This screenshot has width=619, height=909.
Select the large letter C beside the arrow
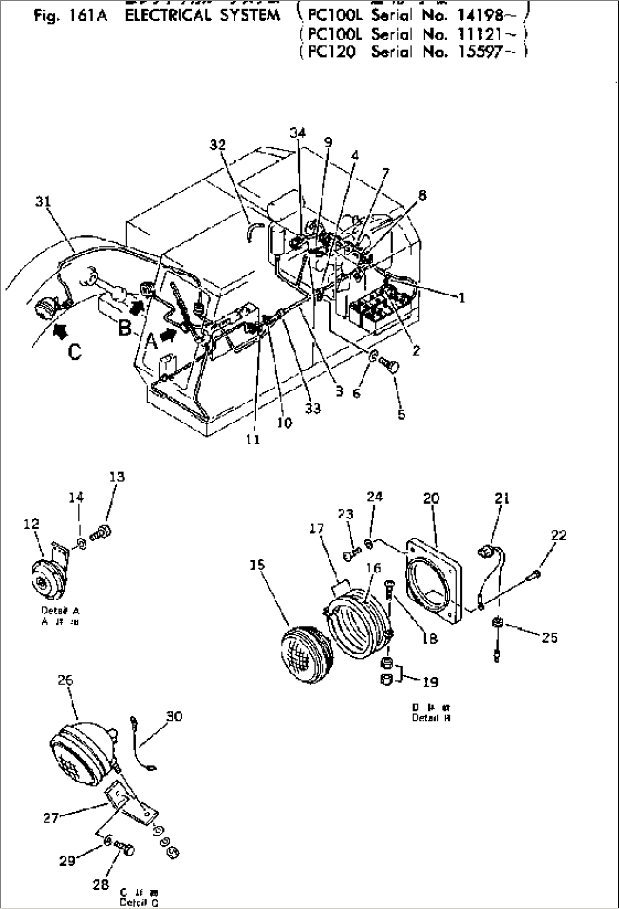tap(74, 352)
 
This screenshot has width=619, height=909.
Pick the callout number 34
tap(298, 132)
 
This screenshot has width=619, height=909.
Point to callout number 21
tap(502, 499)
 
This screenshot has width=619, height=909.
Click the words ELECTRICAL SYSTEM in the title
tap(202, 15)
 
